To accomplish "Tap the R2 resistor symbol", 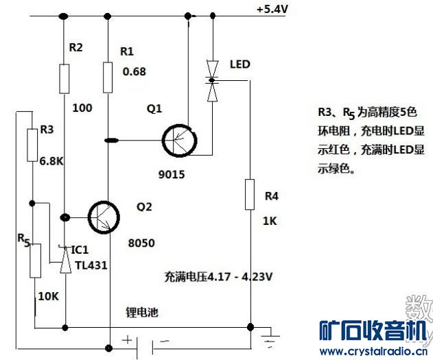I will [x=63, y=78].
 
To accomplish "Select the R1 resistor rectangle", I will [x=108, y=76].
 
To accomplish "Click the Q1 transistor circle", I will [x=180, y=141].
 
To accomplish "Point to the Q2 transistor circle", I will [x=105, y=217].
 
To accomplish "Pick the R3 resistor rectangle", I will [x=32, y=145].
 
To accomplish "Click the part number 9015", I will [x=171, y=174].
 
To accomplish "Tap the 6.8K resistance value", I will [x=51, y=162].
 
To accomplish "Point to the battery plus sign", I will [x=127, y=339].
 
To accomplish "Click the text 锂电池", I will [x=142, y=312].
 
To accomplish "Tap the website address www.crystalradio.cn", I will [x=375, y=351].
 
